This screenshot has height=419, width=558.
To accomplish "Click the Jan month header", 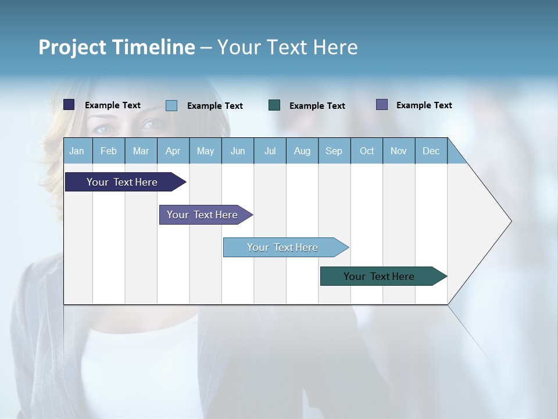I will [77, 151].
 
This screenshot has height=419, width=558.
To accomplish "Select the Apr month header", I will [173, 151].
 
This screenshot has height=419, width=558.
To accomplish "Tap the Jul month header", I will [270, 151].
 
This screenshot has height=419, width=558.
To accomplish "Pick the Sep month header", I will [334, 151].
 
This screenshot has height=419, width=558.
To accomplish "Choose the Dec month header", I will [431, 151].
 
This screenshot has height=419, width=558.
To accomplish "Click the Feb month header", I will [109, 151].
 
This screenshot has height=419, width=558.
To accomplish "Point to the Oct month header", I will [367, 151].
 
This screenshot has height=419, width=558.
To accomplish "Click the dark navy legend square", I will [69, 105].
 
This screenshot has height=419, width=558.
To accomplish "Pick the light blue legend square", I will [171, 105].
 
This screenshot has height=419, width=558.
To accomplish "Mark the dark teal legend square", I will [274, 105].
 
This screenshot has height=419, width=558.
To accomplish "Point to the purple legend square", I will [382, 105].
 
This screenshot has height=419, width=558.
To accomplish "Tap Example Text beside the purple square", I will [424, 105].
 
